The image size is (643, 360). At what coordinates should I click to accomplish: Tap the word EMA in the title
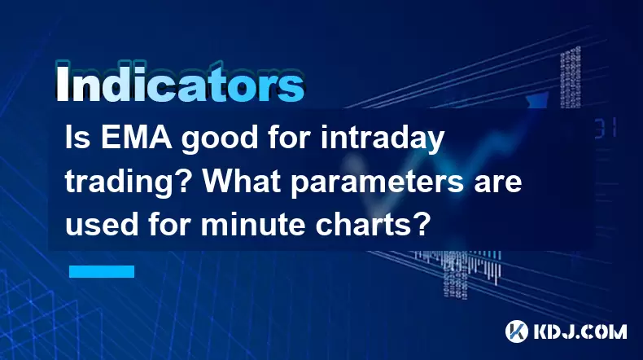point(136,138)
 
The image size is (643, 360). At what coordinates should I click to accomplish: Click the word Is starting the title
point(78,138)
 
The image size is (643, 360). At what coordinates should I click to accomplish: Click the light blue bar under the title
point(102,271)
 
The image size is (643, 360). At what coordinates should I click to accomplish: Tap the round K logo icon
point(517,331)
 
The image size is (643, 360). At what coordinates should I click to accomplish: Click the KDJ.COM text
point(580,331)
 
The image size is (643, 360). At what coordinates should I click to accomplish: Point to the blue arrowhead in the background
point(538,100)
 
